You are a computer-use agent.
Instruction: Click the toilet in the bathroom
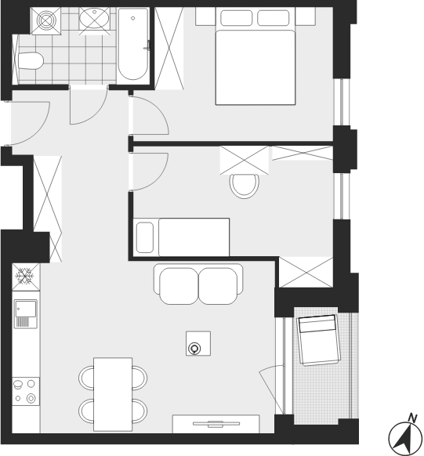[31, 61]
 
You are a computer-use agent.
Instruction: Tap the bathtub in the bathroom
[133, 44]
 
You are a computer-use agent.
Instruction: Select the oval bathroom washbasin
[94, 18]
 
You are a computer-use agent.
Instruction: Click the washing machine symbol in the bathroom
[46, 21]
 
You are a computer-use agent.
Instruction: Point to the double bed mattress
[255, 67]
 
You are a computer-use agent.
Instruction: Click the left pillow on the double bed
[236, 18]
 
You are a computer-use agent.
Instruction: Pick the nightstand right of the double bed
[305, 16]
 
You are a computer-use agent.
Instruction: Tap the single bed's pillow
[145, 237]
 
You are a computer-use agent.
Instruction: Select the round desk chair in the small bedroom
[245, 186]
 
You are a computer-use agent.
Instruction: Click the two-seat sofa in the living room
[198, 284]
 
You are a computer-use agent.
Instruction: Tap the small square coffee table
[198, 343]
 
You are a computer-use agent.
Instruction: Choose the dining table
[113, 394]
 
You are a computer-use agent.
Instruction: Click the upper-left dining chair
[86, 378]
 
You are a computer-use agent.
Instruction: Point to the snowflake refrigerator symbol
[25, 277]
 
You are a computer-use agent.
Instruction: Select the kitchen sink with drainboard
[26, 313]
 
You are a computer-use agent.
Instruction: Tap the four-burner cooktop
[26, 391]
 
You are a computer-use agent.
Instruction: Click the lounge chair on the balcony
[319, 340]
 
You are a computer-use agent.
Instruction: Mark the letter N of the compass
[412, 418]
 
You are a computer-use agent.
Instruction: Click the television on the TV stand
[216, 424]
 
